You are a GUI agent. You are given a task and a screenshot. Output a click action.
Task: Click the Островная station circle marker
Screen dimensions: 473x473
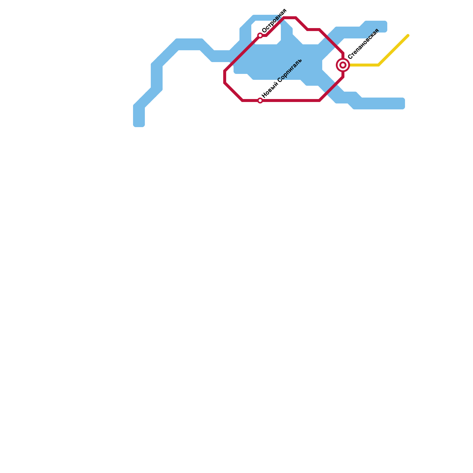point(260,35)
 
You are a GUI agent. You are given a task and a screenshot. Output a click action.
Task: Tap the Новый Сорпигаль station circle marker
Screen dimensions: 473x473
point(260,101)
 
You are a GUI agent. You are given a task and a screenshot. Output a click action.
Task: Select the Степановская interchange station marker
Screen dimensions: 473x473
point(343,65)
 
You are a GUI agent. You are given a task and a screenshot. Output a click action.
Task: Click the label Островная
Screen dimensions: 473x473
point(274,21)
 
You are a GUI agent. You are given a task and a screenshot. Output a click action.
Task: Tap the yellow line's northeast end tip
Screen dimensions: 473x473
point(408,36)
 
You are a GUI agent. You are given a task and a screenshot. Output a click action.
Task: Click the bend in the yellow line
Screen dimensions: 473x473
point(379,65)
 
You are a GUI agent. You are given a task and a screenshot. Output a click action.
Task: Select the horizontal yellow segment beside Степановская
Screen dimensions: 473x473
point(364,65)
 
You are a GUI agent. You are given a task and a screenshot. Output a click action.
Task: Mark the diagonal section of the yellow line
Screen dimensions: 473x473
point(393,50)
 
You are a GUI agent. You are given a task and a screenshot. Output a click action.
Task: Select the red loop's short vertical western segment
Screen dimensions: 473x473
point(225,77)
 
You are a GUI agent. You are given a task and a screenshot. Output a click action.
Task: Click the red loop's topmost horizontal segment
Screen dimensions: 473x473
point(290,18)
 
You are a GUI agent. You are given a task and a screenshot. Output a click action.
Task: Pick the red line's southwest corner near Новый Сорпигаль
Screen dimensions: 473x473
point(242,101)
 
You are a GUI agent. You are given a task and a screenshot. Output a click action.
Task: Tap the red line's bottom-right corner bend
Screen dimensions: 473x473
point(320,101)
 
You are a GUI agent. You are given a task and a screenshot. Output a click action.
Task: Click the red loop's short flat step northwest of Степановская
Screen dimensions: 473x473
point(314,30)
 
